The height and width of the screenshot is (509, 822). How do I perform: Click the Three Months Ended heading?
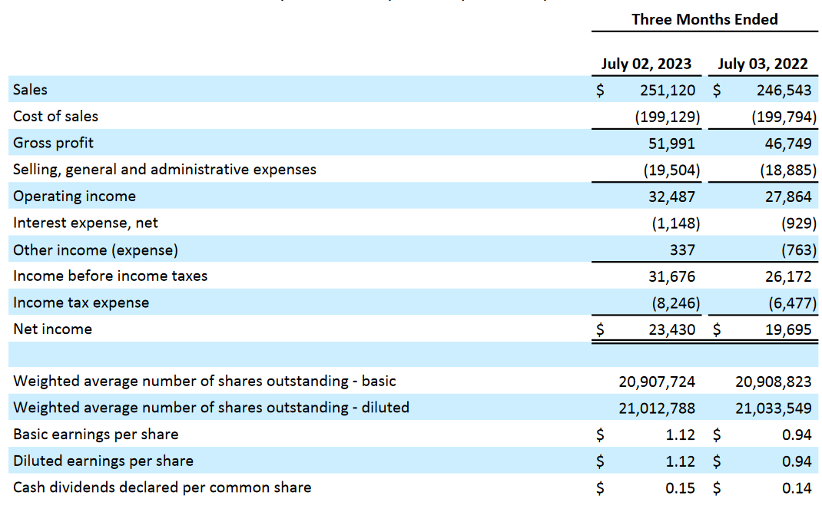(x=704, y=20)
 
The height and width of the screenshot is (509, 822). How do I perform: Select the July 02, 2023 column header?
(x=646, y=64)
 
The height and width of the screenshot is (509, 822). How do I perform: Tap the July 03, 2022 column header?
(x=763, y=64)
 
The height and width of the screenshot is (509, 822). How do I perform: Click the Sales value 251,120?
(x=668, y=91)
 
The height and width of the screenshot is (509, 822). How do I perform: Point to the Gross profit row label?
(x=53, y=143)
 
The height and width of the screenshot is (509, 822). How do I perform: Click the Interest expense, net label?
(x=85, y=223)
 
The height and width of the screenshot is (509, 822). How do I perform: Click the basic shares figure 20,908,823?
(x=773, y=381)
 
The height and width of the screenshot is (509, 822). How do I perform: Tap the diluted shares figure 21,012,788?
(x=657, y=408)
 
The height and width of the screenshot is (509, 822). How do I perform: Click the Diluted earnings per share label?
(x=103, y=461)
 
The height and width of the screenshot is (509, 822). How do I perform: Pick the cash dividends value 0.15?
(x=680, y=488)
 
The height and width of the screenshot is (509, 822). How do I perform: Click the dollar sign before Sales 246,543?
(x=716, y=91)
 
